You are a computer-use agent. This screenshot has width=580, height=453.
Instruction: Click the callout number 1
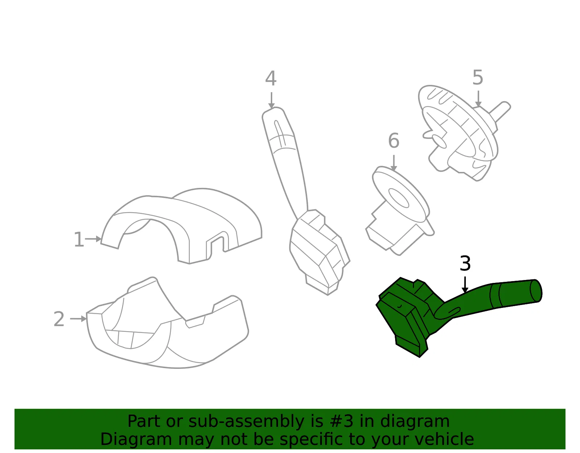[79, 239]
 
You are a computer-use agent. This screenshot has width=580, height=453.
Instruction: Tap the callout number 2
[59, 319]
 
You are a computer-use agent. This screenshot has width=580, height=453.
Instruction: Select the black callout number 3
[465, 263]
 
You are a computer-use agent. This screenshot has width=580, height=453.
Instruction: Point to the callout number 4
[271, 78]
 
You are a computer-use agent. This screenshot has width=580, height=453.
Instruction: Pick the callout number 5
[478, 77]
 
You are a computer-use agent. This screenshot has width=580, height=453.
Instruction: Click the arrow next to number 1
[93, 239]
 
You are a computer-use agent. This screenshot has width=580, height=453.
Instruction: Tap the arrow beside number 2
[78, 318]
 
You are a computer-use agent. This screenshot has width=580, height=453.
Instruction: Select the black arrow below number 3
[465, 285]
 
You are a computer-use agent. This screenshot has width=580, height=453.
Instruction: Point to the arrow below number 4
[272, 100]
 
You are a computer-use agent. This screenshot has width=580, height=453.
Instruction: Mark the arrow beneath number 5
[478, 99]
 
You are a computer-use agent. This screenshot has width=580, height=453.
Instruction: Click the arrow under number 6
[394, 163]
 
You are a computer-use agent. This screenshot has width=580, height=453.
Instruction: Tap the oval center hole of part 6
[398, 198]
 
